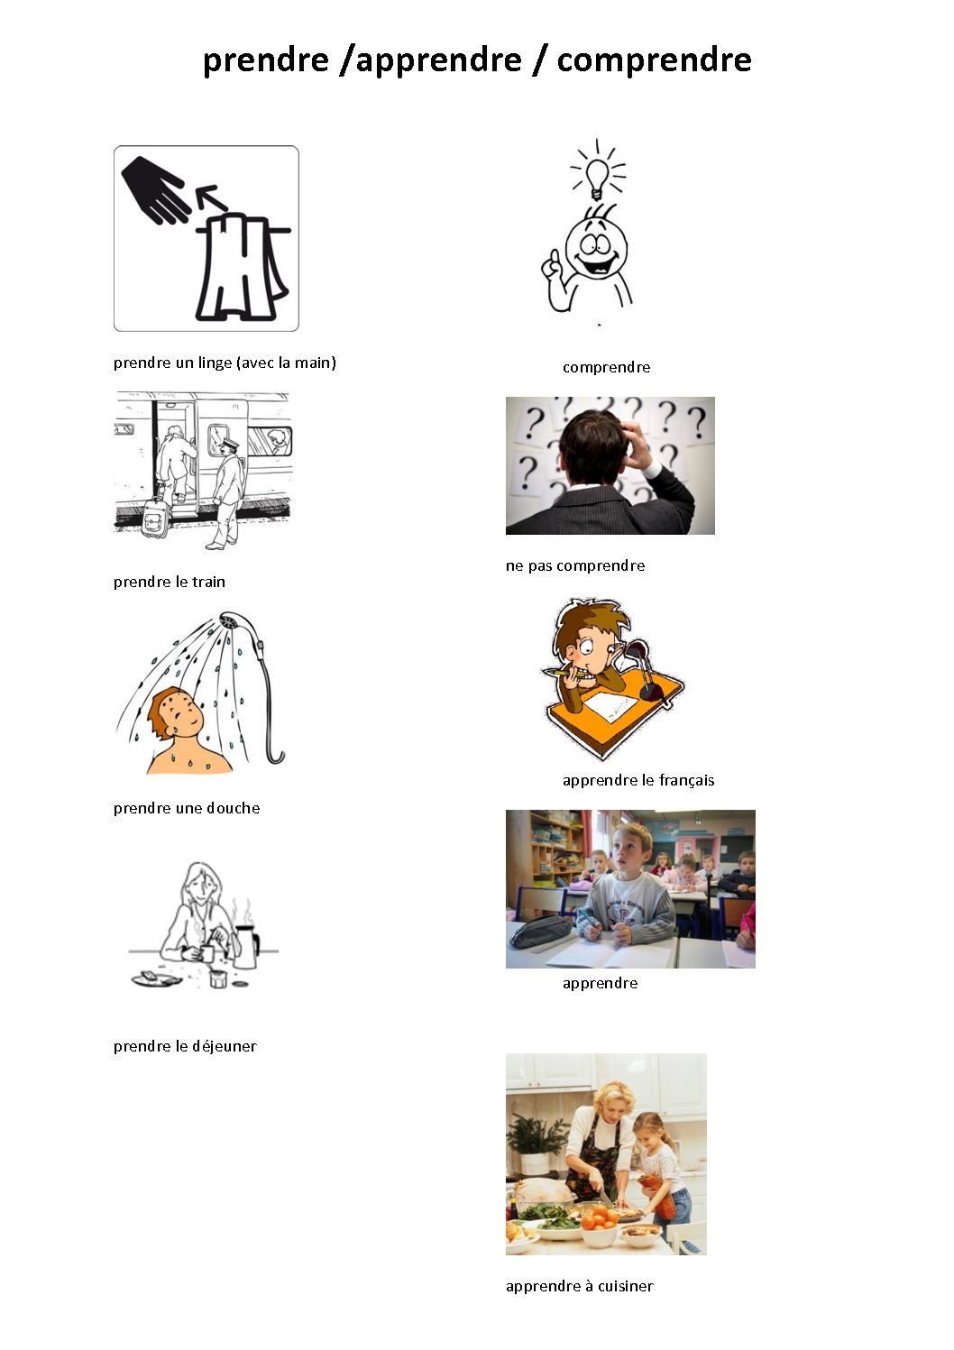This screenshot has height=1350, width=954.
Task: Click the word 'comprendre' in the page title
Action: [654, 60]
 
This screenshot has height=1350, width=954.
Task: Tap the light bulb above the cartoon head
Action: [597, 178]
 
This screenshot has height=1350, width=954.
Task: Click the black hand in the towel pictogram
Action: [155, 188]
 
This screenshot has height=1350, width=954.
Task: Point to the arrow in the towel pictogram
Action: [211, 197]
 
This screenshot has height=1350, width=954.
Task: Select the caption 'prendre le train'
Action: [170, 582]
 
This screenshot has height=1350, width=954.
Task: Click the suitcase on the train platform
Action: [155, 517]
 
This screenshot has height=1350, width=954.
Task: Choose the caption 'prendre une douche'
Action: [187, 808]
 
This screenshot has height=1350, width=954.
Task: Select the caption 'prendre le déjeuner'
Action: [185, 1046]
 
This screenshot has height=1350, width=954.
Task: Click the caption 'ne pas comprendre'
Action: [575, 566]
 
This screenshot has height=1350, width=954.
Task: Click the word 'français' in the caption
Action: [686, 780]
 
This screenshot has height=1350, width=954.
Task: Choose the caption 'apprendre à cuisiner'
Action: [580, 1286]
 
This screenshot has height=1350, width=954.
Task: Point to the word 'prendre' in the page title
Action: [266, 60]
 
